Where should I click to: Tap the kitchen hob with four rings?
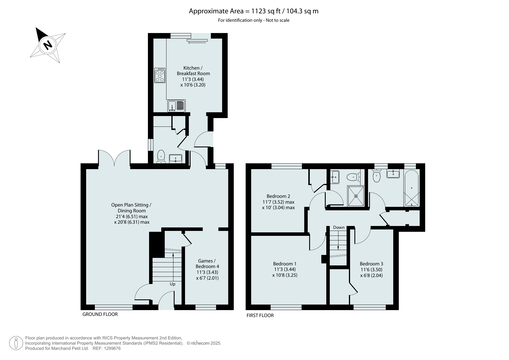click(x=160, y=75)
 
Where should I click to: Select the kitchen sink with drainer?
click(x=176, y=106)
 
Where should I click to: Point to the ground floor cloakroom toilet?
click(x=161, y=157)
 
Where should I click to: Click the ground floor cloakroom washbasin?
click(x=175, y=159)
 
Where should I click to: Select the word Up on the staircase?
click(x=173, y=284)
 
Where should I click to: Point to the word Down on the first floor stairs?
click(x=339, y=227)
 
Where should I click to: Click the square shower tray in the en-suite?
click(x=356, y=196)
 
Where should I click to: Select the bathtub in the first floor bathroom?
click(x=412, y=188)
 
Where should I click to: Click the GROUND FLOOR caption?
click(x=100, y=314)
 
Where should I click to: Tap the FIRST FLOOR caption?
click(x=260, y=315)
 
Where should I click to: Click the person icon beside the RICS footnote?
click(x=16, y=343)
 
